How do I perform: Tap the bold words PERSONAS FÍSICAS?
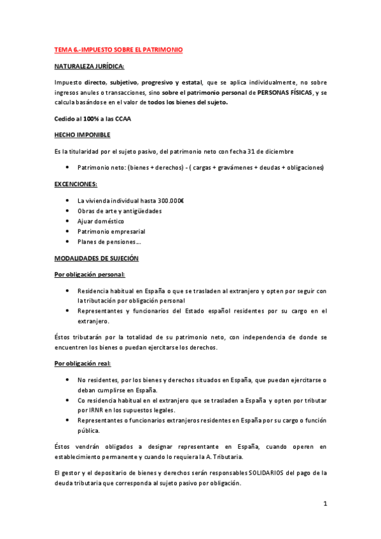[x=284, y=92]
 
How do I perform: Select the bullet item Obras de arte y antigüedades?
[x=120, y=210]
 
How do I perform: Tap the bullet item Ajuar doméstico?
[x=100, y=221]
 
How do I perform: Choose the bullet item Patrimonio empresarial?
[x=111, y=231]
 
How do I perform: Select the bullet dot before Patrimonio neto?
[x=67, y=167]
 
